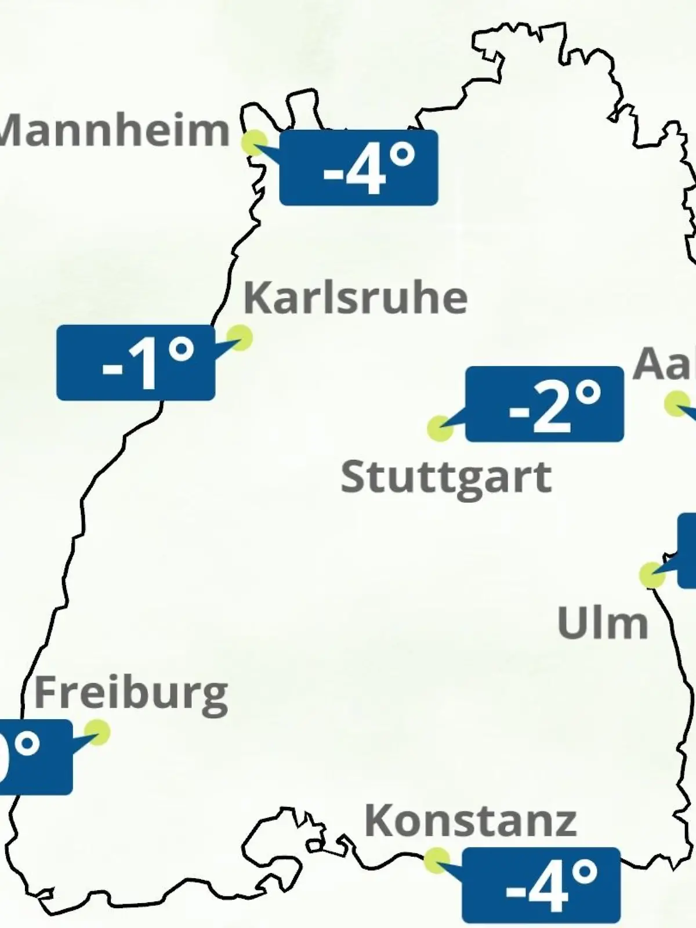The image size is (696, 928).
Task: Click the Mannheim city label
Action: point(115,131)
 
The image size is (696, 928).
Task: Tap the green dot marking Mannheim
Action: point(255,143)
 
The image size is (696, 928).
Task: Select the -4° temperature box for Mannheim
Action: point(358,168)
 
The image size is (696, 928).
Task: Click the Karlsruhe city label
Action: point(355,298)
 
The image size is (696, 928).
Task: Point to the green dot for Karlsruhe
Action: point(239,337)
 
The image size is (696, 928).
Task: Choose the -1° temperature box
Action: point(136,362)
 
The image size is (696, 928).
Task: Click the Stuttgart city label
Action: point(445,478)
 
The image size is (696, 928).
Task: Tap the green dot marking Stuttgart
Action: point(440,428)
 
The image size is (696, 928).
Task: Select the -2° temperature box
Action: point(544,404)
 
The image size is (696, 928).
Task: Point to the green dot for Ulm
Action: point(652,575)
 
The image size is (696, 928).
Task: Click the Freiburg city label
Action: point(131,694)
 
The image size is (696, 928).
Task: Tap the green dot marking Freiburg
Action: point(97,733)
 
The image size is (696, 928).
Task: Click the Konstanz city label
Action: point(470,821)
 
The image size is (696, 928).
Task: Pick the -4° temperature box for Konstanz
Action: point(541,885)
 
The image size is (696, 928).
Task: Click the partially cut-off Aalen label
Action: point(664,364)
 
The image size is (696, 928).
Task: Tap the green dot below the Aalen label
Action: point(676,404)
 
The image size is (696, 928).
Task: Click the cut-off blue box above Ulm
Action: point(687,550)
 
